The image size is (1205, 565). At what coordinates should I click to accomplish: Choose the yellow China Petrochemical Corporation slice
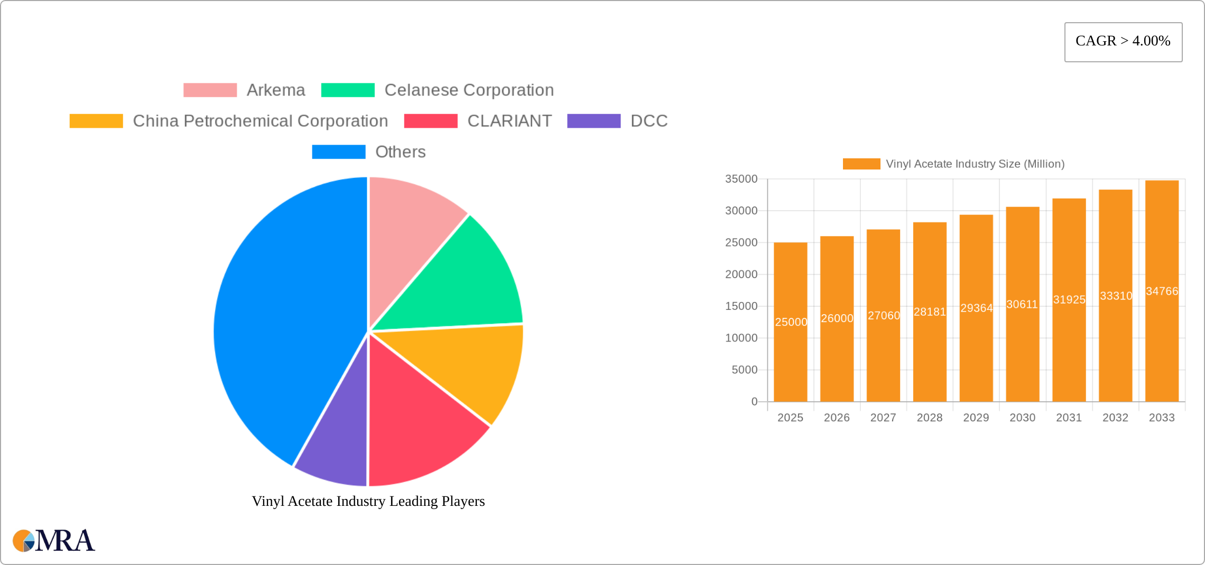[465, 364]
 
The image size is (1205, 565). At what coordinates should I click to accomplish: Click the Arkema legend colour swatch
[210, 90]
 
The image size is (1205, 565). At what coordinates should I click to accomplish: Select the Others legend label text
[400, 152]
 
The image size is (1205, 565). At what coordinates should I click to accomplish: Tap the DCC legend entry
[648, 121]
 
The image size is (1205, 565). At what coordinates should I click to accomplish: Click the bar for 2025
[790, 359]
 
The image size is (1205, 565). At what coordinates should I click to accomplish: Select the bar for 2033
[1162, 343]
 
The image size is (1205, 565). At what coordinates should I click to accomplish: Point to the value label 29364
[976, 308]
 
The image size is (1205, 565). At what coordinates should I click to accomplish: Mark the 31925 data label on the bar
[1069, 299]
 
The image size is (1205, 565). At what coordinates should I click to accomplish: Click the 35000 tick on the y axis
[741, 179]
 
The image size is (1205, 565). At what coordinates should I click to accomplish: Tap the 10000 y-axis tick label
[741, 338]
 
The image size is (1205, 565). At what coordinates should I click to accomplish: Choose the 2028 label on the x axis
[929, 418]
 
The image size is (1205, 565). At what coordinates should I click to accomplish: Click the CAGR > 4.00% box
[1123, 42]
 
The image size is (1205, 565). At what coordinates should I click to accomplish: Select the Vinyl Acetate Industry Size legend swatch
[861, 164]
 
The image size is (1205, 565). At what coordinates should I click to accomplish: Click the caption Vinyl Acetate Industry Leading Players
[368, 501]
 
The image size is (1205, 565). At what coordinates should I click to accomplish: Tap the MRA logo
[54, 541]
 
